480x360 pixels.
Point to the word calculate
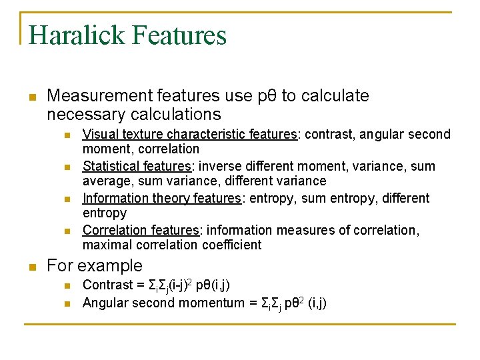[x=335, y=96]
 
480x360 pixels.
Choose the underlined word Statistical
[x=109, y=166]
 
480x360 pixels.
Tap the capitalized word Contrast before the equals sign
[x=108, y=285]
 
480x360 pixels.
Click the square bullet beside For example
[x=30, y=267]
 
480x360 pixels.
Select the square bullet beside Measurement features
[x=30, y=97]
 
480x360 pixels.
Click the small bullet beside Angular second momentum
[x=67, y=304]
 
